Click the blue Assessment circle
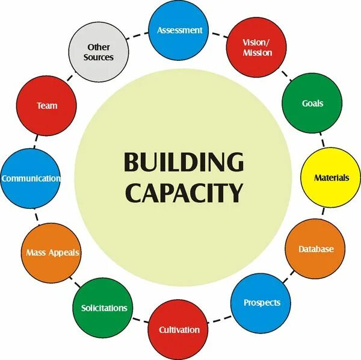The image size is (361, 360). tap(179, 30)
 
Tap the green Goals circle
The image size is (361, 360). tap(312, 104)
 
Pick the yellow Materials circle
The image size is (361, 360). tap(330, 178)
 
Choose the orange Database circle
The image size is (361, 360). tap(315, 249)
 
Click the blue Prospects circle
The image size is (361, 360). tap(261, 302)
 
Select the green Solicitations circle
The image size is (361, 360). tap(104, 308)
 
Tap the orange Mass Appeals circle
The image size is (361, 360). tap(52, 253)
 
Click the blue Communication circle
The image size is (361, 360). tap(31, 179)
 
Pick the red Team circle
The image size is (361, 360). tap(47, 106)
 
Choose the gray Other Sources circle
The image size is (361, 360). tap(100, 53)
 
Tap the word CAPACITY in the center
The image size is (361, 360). tap(184, 193)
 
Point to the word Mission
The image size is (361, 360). tap(258, 53)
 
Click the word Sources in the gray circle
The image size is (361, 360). tap(100, 58)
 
